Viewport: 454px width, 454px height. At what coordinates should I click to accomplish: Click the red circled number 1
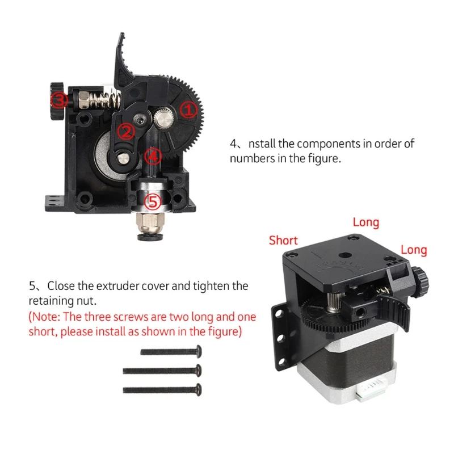click(189, 110)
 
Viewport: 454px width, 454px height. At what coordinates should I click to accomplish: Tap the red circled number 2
click(125, 132)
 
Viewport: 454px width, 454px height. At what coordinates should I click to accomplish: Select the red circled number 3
click(60, 100)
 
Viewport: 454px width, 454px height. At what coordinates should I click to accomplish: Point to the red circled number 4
click(152, 154)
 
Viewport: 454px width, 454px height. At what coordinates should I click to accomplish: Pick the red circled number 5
click(153, 201)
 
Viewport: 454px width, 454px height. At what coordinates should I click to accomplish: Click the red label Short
click(283, 240)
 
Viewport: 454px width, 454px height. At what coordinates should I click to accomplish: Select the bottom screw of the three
click(162, 390)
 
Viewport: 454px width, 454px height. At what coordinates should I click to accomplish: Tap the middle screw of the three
click(162, 371)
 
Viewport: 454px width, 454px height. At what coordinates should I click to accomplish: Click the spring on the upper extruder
click(102, 100)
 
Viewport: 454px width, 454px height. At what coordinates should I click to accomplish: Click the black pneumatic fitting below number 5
click(152, 230)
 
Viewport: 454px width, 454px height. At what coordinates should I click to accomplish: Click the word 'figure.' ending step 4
click(324, 158)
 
